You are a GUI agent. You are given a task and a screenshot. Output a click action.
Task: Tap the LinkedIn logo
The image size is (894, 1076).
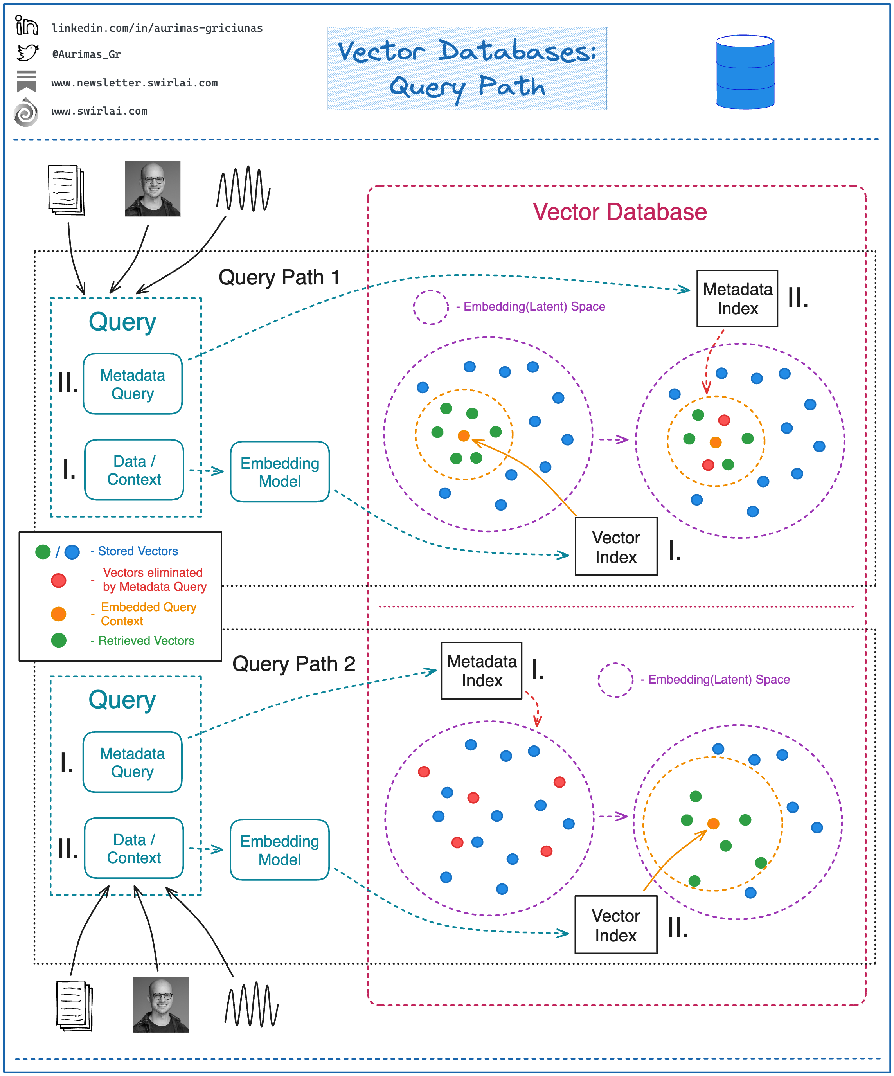coord(26,25)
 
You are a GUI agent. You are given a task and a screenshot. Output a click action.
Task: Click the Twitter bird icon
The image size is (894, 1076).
coord(28,53)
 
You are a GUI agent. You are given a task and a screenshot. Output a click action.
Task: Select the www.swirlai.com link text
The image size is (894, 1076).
coord(99,111)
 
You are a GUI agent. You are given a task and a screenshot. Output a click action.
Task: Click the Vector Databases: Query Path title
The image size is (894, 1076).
coord(467,68)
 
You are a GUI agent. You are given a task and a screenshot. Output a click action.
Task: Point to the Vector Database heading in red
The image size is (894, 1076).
coord(620,212)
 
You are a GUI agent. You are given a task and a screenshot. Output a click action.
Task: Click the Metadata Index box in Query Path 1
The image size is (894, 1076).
coord(737,299)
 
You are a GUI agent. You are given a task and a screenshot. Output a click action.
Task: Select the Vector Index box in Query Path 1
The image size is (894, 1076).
coord(616,547)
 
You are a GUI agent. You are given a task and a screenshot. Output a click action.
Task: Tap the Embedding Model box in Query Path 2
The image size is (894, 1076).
coord(280,850)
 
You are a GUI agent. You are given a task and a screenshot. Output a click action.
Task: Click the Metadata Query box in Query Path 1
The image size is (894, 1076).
coord(133,384)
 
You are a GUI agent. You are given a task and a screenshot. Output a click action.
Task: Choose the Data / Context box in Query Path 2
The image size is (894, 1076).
coord(134,849)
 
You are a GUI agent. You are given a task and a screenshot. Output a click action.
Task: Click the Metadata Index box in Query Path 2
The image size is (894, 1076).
coord(482,671)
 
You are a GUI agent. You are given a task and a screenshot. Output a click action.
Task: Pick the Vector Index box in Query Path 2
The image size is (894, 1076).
coord(616,925)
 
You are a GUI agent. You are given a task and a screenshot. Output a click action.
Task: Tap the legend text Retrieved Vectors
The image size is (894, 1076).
coord(146,641)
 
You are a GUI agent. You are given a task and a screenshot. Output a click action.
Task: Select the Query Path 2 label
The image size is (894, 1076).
coord(293,664)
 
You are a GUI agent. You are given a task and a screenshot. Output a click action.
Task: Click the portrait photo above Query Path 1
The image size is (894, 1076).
coord(153,189)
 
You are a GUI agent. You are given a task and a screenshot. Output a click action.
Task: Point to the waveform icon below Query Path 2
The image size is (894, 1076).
coord(252,1005)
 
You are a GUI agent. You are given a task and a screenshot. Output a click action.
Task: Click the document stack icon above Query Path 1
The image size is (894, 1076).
coord(66,190)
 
